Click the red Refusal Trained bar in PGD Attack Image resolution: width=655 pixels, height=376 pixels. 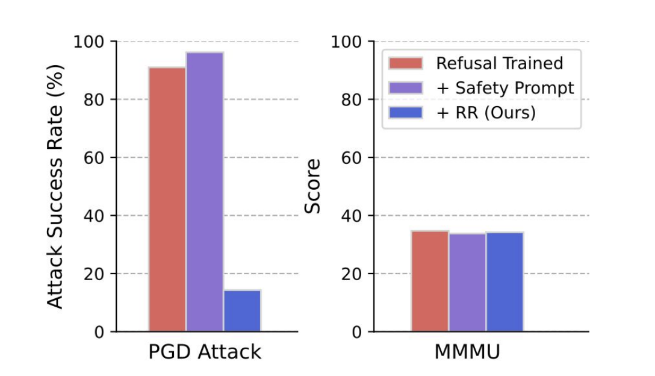[167, 199]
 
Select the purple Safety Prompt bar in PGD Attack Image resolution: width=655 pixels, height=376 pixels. [205, 192]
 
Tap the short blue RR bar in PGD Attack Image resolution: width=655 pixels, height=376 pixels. [242, 311]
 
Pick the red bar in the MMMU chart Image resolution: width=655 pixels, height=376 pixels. [430, 281]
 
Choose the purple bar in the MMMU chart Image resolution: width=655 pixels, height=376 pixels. [467, 282]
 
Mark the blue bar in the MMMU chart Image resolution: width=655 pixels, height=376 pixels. [504, 281]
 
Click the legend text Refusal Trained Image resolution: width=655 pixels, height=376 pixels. [500, 63]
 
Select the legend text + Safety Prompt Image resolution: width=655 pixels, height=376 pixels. [505, 88]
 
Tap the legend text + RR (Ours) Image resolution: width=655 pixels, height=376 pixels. [486, 113]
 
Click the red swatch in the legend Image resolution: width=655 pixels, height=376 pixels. [406, 63]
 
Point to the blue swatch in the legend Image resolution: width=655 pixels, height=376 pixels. [406, 113]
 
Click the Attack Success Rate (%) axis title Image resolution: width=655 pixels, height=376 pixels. [55, 186]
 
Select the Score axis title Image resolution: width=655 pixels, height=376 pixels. [312, 186]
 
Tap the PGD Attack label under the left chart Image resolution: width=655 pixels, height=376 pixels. [205, 352]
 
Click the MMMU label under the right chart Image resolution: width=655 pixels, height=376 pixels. [467, 352]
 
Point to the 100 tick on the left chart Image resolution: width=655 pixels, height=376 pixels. [89, 42]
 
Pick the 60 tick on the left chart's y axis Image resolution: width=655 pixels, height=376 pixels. [93, 158]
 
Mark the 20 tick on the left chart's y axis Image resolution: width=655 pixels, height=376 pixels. [93, 274]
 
